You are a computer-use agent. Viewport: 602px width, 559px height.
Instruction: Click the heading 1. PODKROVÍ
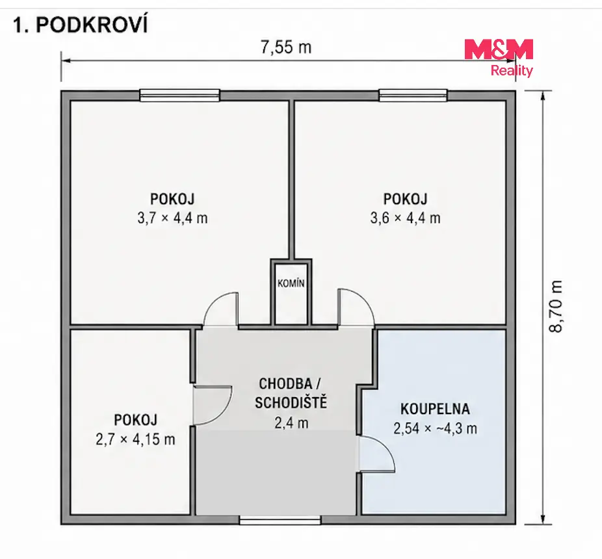click(x=80, y=26)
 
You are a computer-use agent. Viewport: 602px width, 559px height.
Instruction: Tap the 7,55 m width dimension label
click(x=286, y=47)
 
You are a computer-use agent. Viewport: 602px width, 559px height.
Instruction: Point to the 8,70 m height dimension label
click(x=556, y=306)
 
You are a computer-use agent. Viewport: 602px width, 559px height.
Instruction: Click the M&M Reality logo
click(x=499, y=58)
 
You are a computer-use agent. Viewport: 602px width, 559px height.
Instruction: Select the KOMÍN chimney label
click(x=291, y=283)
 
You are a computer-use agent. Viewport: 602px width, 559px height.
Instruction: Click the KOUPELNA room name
click(x=435, y=409)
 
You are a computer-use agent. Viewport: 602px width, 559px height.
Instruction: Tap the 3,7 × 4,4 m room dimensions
click(x=172, y=218)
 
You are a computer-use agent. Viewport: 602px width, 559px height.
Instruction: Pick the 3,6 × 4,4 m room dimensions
click(x=405, y=218)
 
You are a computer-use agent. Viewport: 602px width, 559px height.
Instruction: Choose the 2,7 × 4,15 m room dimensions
click(x=135, y=439)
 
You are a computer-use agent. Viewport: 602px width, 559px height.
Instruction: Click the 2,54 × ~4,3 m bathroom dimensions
click(x=435, y=428)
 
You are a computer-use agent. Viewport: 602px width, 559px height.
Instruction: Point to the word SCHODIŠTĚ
click(x=291, y=403)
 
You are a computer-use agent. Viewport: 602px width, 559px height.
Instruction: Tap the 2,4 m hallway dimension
click(x=291, y=422)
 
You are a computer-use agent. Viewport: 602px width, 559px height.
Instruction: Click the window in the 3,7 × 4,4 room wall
click(x=179, y=95)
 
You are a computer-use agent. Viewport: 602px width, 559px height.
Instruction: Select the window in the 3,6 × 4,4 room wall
click(x=413, y=95)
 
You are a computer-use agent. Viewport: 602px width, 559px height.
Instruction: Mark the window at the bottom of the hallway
click(x=280, y=520)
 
